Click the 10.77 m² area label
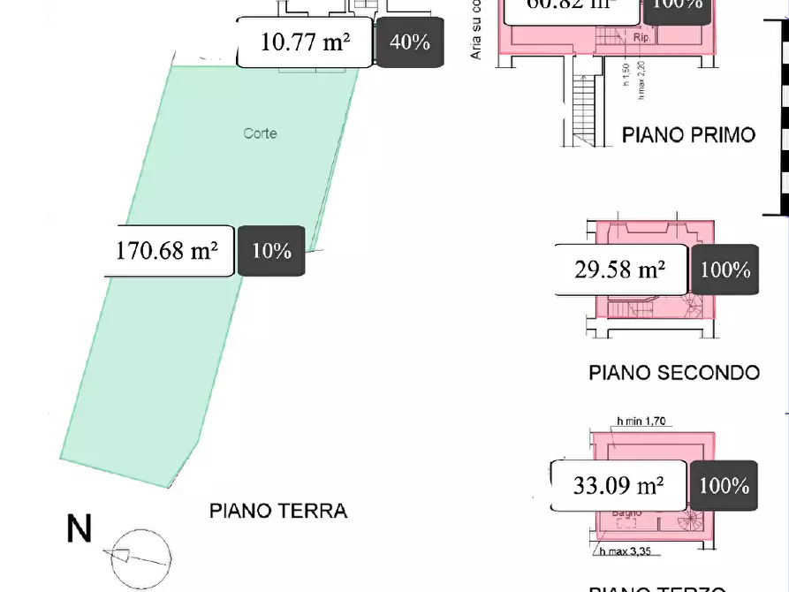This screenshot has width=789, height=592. tap(305, 42)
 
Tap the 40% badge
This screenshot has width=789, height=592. tap(409, 42)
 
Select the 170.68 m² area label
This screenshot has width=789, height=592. tap(168, 251)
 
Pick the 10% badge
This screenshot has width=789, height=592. tap(271, 251)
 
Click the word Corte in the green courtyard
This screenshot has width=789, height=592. tap(260, 133)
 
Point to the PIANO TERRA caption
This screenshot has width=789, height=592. tap(278, 511)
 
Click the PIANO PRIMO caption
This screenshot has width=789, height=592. tap(688, 135)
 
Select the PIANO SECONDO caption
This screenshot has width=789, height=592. tap(673, 372)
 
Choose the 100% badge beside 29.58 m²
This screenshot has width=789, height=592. tap(725, 269)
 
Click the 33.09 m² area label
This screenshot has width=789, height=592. tap(618, 485)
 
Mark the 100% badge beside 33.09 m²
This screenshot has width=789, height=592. tap(725, 485)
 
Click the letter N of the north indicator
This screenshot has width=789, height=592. tap(80, 529)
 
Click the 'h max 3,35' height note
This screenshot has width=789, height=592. tap(633, 553)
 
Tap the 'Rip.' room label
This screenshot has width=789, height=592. tap(641, 38)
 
